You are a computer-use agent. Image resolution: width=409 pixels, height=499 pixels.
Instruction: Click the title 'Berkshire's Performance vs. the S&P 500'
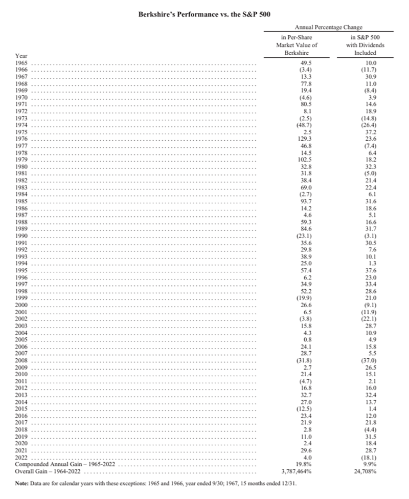coord(204,15)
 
